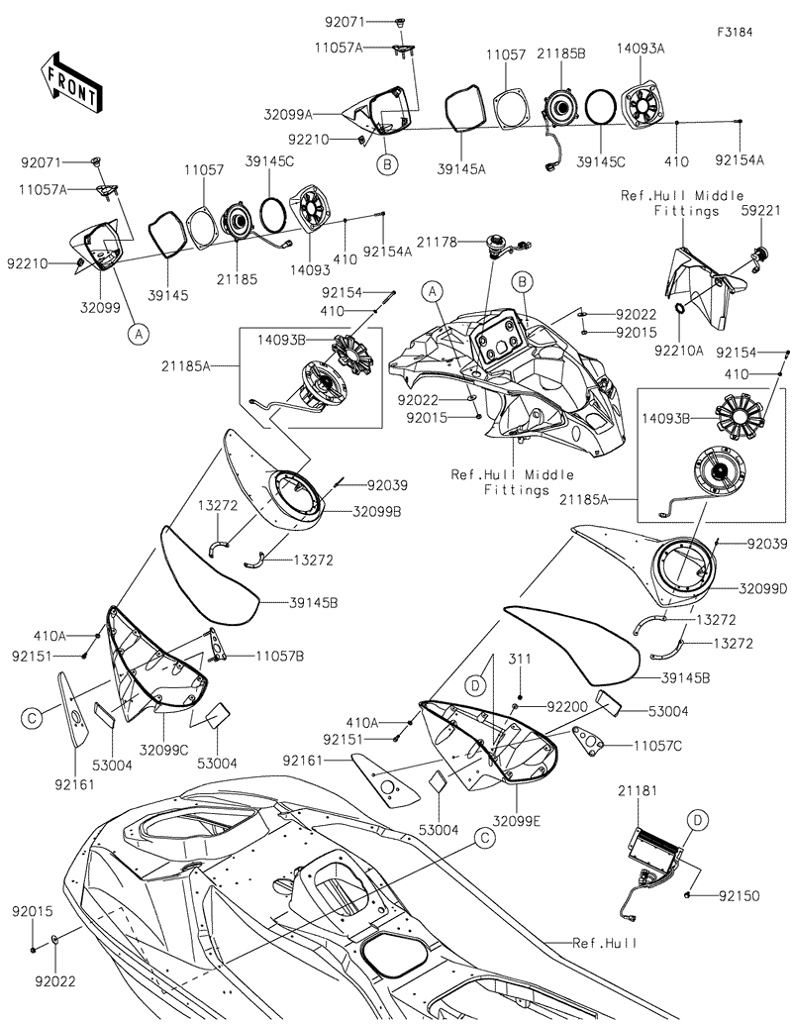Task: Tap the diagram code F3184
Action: pyautogui.click(x=735, y=32)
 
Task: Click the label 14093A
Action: pyautogui.click(x=641, y=48)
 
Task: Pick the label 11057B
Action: pyautogui.click(x=279, y=656)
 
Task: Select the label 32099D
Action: pyautogui.click(x=762, y=587)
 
